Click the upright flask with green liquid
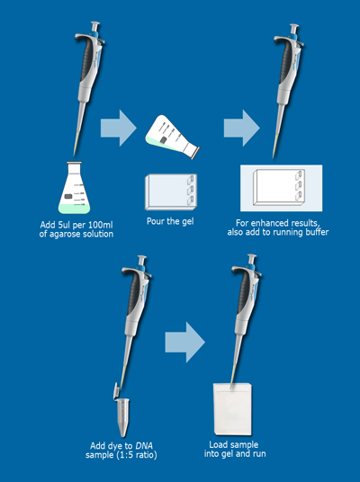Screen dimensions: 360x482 pos(74,188)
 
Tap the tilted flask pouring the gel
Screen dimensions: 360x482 pos(172,136)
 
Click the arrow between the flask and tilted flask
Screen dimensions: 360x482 pos(119,128)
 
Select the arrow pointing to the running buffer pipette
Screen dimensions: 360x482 pos(241,128)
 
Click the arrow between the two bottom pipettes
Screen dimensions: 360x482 pos(184,342)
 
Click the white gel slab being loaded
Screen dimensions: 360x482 pos(232,409)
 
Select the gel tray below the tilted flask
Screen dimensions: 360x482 pos(171,192)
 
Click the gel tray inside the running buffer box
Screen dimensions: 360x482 pos(279,187)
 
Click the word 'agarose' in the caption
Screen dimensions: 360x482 pos(63,234)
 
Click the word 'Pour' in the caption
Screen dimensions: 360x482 pos(156,221)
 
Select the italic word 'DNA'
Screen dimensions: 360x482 pos(144,445)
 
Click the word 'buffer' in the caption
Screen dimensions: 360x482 pos(317,232)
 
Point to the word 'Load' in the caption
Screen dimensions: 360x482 pos(218,444)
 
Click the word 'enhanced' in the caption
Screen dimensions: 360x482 pos(265,223)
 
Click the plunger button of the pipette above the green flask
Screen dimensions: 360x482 pos(95,24)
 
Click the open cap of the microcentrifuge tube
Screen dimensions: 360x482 pos(116,390)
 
